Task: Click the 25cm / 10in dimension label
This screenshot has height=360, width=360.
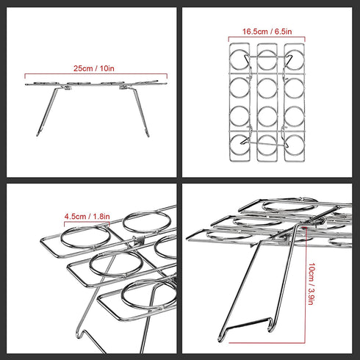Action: point(94,68)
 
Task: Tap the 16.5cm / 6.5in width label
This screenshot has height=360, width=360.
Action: point(267,32)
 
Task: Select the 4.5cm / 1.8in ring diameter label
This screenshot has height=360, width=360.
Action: point(87,217)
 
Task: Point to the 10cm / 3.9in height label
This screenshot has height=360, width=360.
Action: point(311,284)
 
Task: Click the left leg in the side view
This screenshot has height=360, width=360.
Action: point(46,112)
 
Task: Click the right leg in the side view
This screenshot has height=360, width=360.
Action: point(141,112)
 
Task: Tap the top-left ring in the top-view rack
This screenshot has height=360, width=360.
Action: point(240,59)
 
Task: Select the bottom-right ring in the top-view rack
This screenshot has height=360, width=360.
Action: point(295,145)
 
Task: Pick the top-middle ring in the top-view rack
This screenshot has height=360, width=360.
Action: point(267,59)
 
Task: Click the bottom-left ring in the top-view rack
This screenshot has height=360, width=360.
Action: point(240,145)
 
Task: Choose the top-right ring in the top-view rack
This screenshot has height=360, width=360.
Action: point(295,59)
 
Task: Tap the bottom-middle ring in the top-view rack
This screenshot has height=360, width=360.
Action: point(267,145)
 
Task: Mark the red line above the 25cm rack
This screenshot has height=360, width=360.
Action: point(96,73)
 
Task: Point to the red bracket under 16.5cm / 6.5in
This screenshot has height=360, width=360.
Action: point(267,37)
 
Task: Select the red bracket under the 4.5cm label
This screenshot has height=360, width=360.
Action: point(87,222)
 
